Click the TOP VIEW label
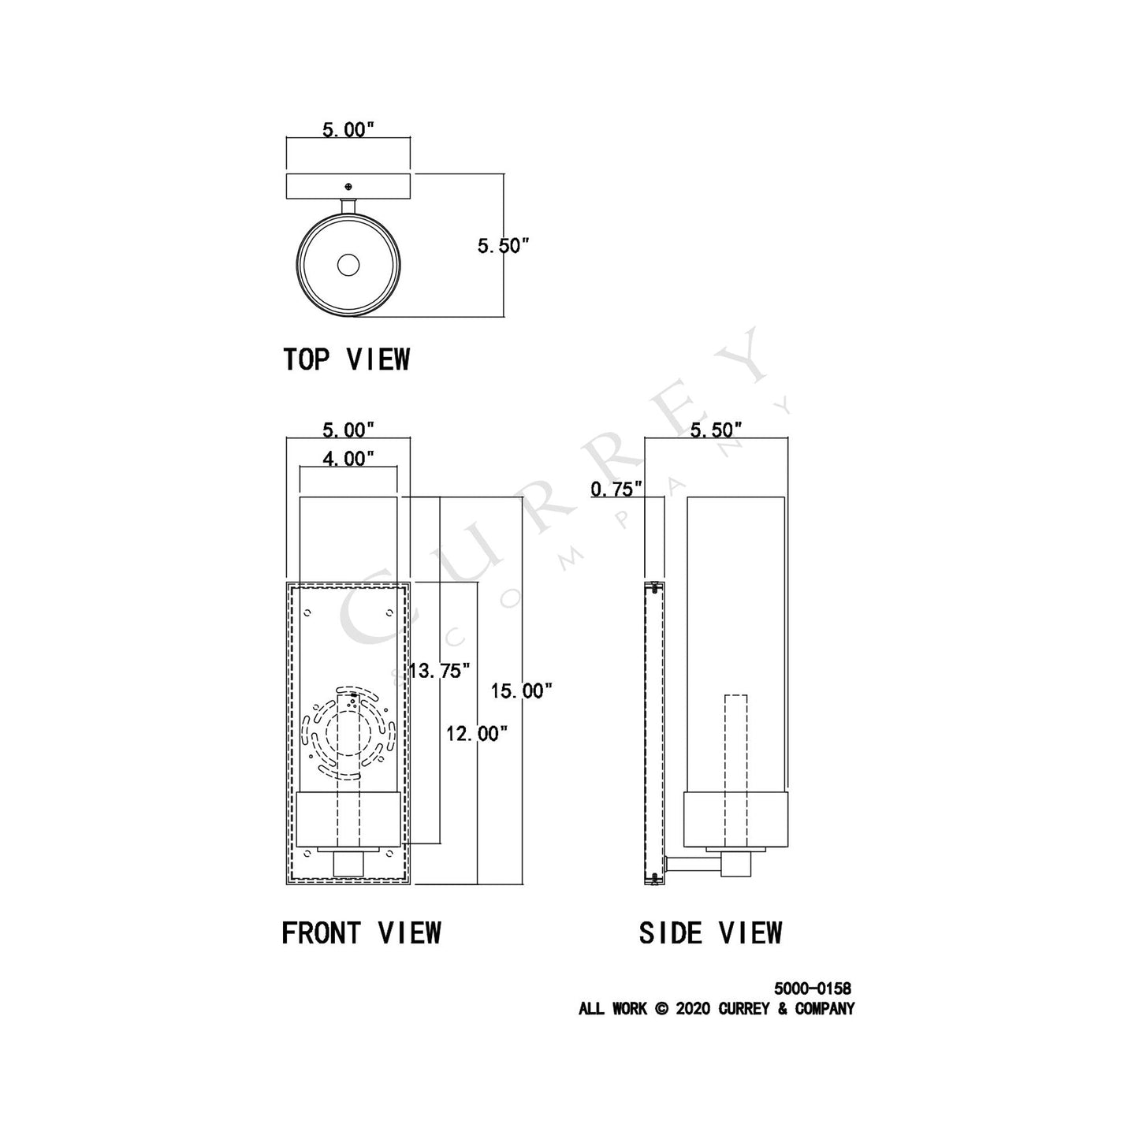coord(346,359)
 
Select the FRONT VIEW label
coord(361,933)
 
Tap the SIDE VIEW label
coord(710,933)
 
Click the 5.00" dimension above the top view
coord(348,130)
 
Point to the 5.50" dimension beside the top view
coord(502,246)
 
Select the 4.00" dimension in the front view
coord(348,458)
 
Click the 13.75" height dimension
coord(440,671)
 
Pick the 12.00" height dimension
coord(476,734)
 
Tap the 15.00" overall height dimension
coord(521,691)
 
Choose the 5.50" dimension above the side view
coord(717,430)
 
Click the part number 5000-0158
coord(812,988)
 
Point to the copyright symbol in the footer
coord(661,1009)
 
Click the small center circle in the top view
coord(348,266)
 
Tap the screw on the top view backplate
coord(348,186)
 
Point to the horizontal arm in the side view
coord(694,867)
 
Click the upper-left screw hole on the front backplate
coord(308,612)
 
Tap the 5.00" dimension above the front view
coord(348,430)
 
